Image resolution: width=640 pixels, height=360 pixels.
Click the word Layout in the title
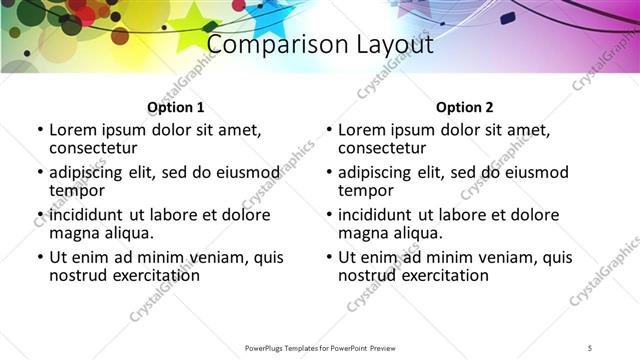point(384,46)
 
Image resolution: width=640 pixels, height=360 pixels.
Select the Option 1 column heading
point(176,107)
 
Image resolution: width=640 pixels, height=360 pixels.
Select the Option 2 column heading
point(465,107)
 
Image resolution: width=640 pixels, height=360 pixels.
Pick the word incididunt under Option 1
point(86,215)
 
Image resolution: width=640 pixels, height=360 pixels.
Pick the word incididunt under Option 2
point(375,215)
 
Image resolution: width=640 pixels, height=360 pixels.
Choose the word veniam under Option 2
point(504,257)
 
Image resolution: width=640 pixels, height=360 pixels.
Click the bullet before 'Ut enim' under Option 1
point(39,258)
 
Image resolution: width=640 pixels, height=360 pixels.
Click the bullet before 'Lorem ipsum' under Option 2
point(328,130)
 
